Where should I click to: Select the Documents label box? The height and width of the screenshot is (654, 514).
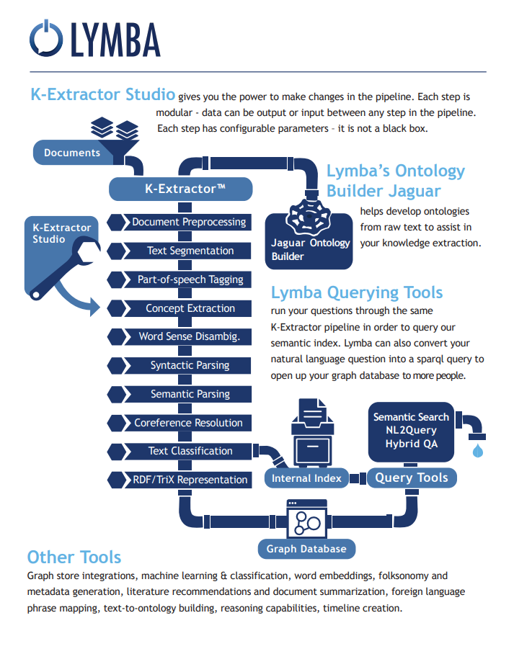tap(72, 153)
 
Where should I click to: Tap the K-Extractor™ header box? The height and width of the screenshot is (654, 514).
tap(181, 189)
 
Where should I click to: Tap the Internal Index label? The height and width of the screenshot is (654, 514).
tap(306, 478)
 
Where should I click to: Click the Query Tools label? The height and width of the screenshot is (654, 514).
tap(412, 478)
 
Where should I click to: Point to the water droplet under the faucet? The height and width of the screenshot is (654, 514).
tap(477, 452)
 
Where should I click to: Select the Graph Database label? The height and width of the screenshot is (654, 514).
tap(306, 549)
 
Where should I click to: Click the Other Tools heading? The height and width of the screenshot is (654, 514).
tap(74, 557)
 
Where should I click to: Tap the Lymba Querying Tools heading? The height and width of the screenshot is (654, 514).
tap(357, 292)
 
